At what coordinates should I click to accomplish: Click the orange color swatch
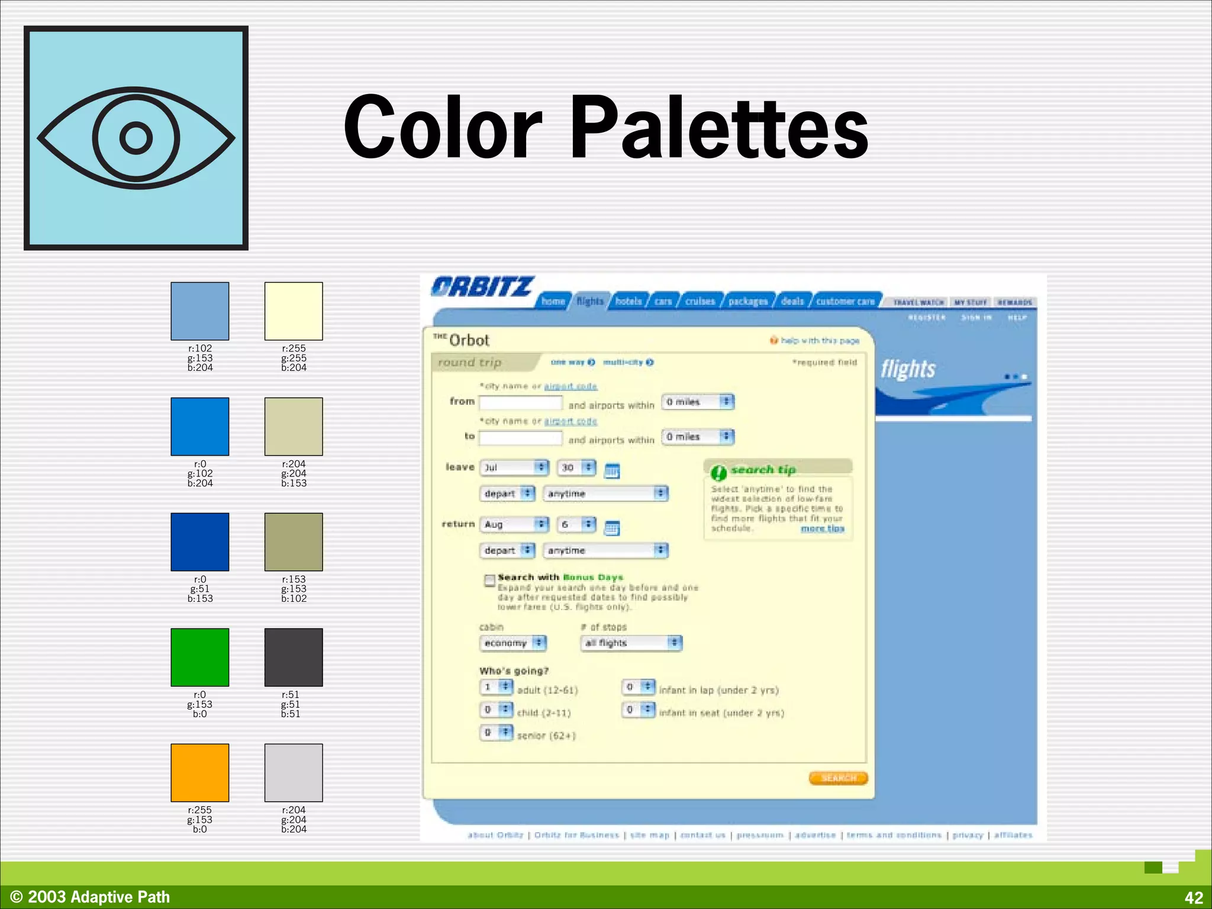200,772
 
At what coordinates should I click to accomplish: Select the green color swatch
200,657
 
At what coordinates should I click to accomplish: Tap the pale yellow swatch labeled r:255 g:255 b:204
294,311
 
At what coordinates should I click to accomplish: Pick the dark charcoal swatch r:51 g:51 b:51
294,657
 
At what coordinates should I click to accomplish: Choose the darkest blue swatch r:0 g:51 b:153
200,541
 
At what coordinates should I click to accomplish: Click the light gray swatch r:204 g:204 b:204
294,772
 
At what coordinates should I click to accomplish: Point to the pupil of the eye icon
136,138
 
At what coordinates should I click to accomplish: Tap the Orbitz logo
482,287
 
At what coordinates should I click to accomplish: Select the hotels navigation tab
628,301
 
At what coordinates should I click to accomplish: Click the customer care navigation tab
845,301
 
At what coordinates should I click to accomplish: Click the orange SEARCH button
838,778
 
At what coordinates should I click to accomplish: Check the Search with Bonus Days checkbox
489,580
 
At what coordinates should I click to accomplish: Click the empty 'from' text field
520,403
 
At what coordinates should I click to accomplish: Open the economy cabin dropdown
512,643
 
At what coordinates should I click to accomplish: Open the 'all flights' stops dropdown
631,643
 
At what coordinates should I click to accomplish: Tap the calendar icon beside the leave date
612,471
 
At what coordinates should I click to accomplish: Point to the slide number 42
1194,897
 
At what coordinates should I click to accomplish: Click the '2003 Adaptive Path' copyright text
98,897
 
